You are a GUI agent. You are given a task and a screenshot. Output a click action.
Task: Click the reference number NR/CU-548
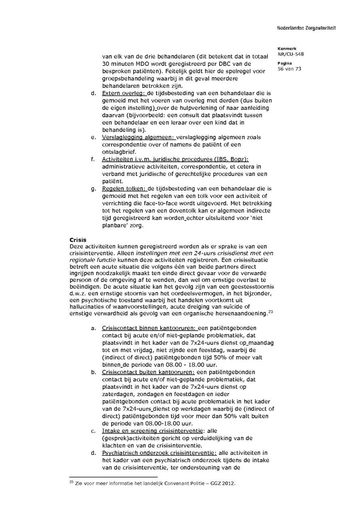(x=291, y=54)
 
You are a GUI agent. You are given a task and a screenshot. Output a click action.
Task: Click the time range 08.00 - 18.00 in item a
(x=184, y=365)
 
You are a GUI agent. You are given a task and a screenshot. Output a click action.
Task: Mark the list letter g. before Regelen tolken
(x=93, y=189)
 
